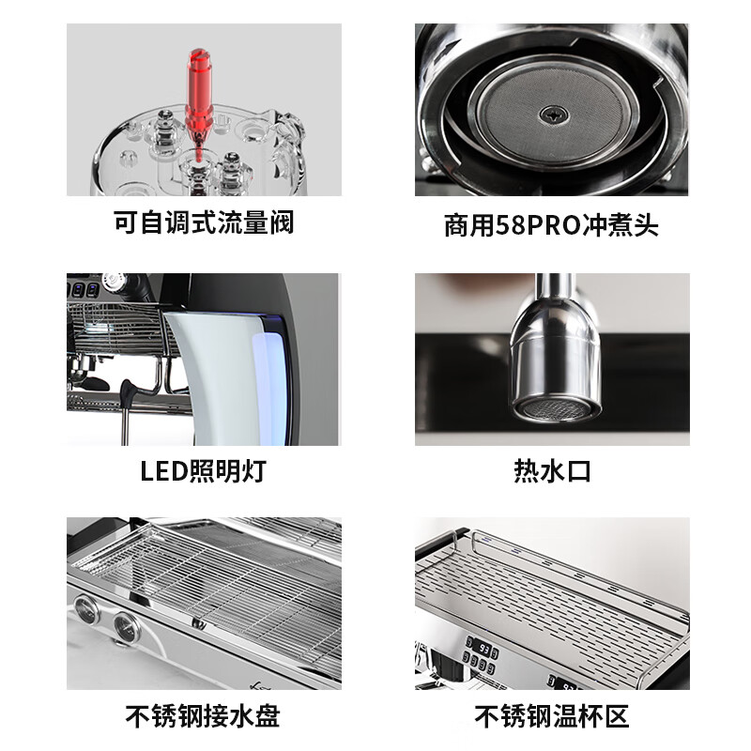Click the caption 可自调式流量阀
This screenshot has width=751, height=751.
tap(204, 222)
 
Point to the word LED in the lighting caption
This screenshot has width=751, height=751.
tap(161, 470)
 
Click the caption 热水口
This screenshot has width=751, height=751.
tap(552, 470)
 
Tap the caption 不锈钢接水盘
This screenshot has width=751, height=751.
tap(204, 716)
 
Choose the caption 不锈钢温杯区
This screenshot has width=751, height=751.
tap(552, 716)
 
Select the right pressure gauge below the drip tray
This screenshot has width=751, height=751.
tap(125, 624)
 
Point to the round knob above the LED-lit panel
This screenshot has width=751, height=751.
tap(115, 282)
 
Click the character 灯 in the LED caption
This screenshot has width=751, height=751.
tap(253, 470)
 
